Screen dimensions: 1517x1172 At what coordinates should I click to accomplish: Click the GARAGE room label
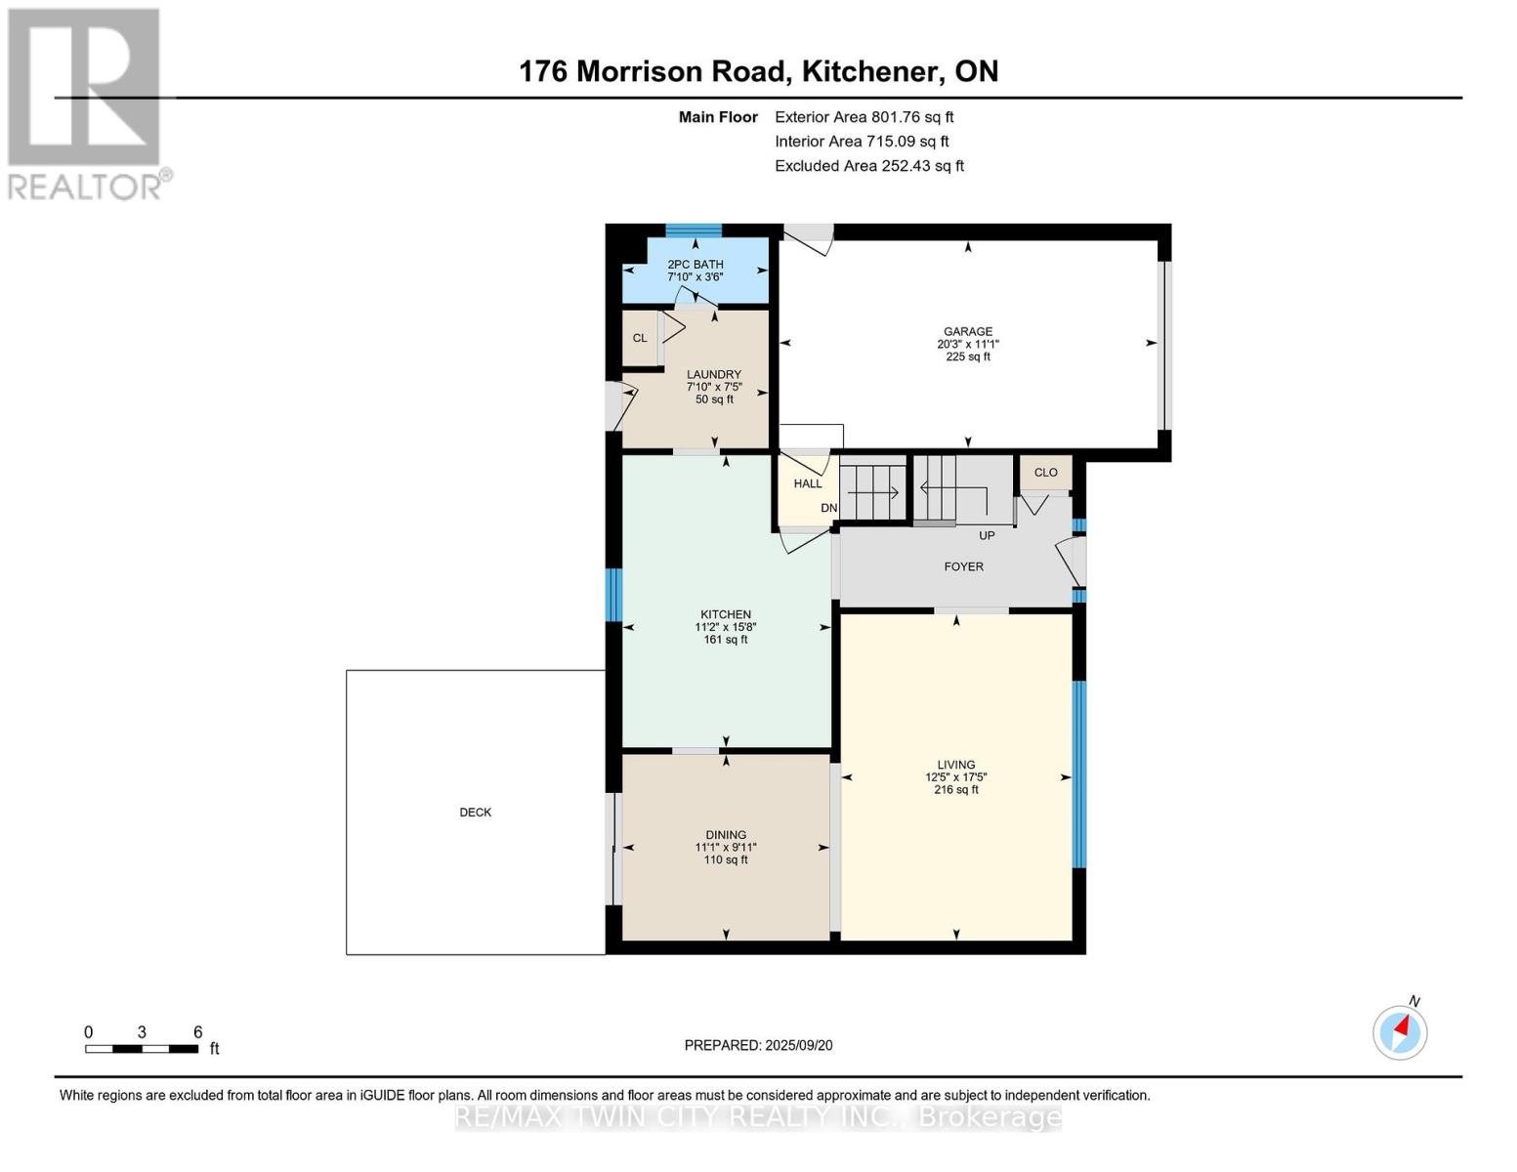(x=968, y=331)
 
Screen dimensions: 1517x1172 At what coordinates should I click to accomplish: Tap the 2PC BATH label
(x=695, y=265)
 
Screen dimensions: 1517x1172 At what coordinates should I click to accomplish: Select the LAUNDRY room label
(x=713, y=374)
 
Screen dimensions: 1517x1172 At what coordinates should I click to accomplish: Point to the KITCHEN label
(x=726, y=614)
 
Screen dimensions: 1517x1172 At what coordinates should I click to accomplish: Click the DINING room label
(x=726, y=835)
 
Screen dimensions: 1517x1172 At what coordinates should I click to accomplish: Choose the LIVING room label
(x=956, y=765)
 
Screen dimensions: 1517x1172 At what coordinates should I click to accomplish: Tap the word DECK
(x=476, y=813)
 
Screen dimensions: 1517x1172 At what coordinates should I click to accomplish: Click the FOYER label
(x=964, y=566)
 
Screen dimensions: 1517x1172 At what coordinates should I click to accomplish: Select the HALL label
(x=808, y=483)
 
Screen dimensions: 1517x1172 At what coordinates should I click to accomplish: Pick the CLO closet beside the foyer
(x=1046, y=473)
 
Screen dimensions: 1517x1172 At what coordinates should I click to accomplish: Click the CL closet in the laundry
(x=640, y=338)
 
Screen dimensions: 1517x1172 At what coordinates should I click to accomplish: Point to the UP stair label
(x=987, y=535)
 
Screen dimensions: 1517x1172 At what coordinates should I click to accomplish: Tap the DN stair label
(x=828, y=508)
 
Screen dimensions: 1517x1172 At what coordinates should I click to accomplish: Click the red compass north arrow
(x=1402, y=1026)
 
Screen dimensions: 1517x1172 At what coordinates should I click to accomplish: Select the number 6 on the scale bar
(x=198, y=1032)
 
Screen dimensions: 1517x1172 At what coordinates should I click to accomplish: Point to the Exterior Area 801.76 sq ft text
(x=864, y=117)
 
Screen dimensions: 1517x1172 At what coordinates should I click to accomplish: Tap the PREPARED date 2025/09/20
(x=799, y=1046)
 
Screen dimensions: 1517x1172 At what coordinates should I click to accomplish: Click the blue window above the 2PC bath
(x=694, y=230)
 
